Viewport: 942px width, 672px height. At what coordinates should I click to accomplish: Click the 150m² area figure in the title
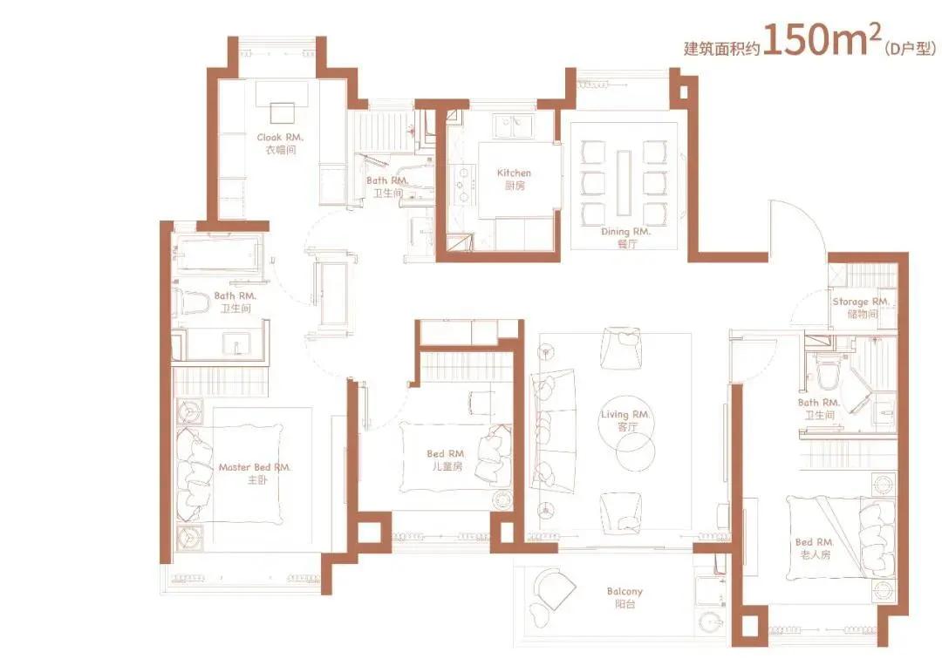823,40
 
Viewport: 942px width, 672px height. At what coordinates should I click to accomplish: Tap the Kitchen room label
514,173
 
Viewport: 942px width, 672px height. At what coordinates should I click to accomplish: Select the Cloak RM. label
280,138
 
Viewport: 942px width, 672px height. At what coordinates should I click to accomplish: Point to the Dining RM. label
625,231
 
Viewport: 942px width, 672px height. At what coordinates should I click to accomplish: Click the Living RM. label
625,414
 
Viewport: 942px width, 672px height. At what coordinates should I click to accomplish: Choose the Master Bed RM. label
255,467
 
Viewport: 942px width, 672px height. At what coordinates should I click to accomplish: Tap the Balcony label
625,592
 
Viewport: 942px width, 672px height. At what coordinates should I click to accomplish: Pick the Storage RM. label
861,302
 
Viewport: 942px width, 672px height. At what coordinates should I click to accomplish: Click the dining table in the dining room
624,182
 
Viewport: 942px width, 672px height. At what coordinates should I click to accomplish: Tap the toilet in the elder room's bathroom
827,374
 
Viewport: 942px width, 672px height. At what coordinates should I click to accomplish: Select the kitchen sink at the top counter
513,126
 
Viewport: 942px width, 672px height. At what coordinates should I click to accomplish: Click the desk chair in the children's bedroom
481,402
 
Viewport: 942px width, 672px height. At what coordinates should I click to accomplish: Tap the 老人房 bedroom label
815,555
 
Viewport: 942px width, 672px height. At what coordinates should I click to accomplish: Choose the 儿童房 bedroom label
447,466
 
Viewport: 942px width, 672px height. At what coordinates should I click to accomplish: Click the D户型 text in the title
910,49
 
